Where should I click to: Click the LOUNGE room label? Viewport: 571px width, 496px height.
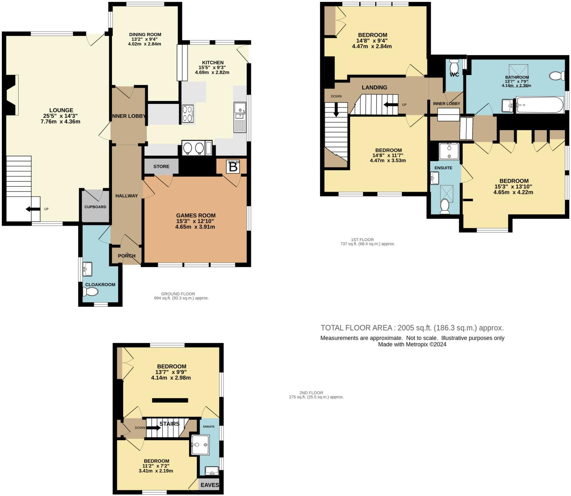pyautogui.click(x=61, y=110)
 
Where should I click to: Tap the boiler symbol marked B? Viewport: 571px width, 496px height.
pyautogui.click(x=233, y=167)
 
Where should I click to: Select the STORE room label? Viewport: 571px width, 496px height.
pyautogui.click(x=161, y=166)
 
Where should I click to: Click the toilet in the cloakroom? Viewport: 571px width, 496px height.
pyautogui.click(x=90, y=292)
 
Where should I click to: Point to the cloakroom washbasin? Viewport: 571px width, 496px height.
pyautogui.click(x=87, y=269)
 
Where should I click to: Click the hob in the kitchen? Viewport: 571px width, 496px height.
pyautogui.click(x=188, y=114)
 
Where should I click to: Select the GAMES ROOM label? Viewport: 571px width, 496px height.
pyautogui.click(x=196, y=216)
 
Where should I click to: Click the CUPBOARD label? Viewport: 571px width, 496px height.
pyautogui.click(x=95, y=207)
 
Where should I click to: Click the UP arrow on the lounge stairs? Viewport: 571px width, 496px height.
pyautogui.click(x=33, y=209)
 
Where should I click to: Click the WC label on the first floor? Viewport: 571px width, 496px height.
pyautogui.click(x=454, y=75)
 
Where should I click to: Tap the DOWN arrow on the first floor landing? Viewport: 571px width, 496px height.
pyautogui.click(x=336, y=110)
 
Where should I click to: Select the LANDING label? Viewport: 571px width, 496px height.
pyautogui.click(x=374, y=87)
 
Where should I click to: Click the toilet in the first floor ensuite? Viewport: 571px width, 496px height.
pyautogui.click(x=445, y=206)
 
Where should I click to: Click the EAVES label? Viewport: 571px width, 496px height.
pyautogui.click(x=210, y=485)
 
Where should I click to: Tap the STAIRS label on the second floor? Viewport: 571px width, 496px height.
pyautogui.click(x=169, y=424)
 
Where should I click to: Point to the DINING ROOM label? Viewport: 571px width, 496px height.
pyautogui.click(x=145, y=35)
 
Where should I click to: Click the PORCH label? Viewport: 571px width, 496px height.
pyautogui.click(x=126, y=256)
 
